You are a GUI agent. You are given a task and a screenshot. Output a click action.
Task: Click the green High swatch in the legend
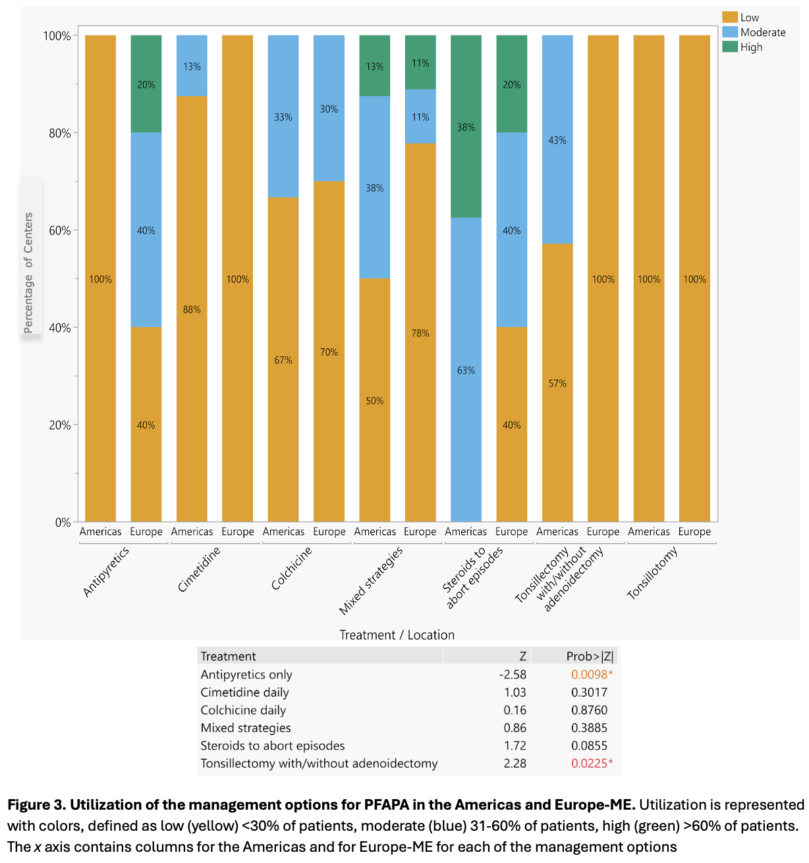point(729,47)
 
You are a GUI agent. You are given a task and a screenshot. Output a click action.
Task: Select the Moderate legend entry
point(762,32)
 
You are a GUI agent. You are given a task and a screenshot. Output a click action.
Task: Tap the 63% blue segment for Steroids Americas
point(466,370)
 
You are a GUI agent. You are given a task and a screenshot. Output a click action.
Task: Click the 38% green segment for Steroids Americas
point(466,126)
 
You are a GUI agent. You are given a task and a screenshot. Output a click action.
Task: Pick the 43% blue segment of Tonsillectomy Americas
point(557,140)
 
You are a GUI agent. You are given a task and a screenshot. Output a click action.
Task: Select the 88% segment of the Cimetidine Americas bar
point(192,309)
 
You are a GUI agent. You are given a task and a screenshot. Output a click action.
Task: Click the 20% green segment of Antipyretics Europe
point(146,84)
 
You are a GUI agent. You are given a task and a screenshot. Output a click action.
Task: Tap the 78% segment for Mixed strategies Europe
point(420,332)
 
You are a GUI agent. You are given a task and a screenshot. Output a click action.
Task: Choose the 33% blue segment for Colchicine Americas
point(283,117)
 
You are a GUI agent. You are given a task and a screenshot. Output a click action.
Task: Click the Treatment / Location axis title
point(397,635)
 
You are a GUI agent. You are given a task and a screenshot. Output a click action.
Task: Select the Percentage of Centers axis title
point(28,273)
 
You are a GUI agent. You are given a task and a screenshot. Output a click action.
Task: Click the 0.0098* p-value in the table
point(592,674)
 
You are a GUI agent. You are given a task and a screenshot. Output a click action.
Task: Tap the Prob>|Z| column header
point(590,656)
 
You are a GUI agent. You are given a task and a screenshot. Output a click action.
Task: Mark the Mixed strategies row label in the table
point(246,727)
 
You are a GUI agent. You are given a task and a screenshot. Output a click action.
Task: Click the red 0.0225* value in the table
point(592,763)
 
